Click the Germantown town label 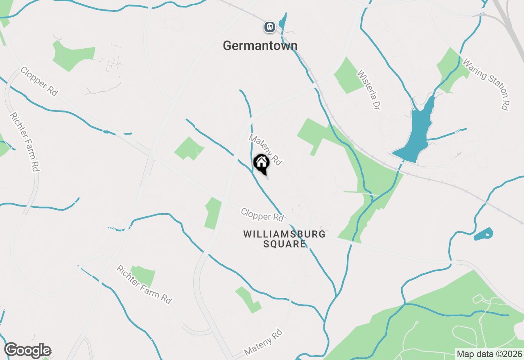tap(260, 45)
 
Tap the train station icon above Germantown tap(269, 27)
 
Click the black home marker tap(261, 164)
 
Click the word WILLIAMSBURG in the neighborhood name tap(285, 234)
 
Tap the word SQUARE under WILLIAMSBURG tap(284, 244)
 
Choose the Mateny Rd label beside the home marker tap(266, 150)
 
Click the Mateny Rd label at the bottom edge tap(263, 342)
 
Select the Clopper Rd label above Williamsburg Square tap(262, 215)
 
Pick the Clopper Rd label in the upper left tap(39, 81)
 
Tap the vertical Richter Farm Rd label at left tap(24, 142)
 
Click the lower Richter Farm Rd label tap(144, 284)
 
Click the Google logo tap(27, 351)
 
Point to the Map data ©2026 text tap(489, 354)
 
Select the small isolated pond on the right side tap(483, 234)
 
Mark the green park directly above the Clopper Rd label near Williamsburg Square tap(213, 213)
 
